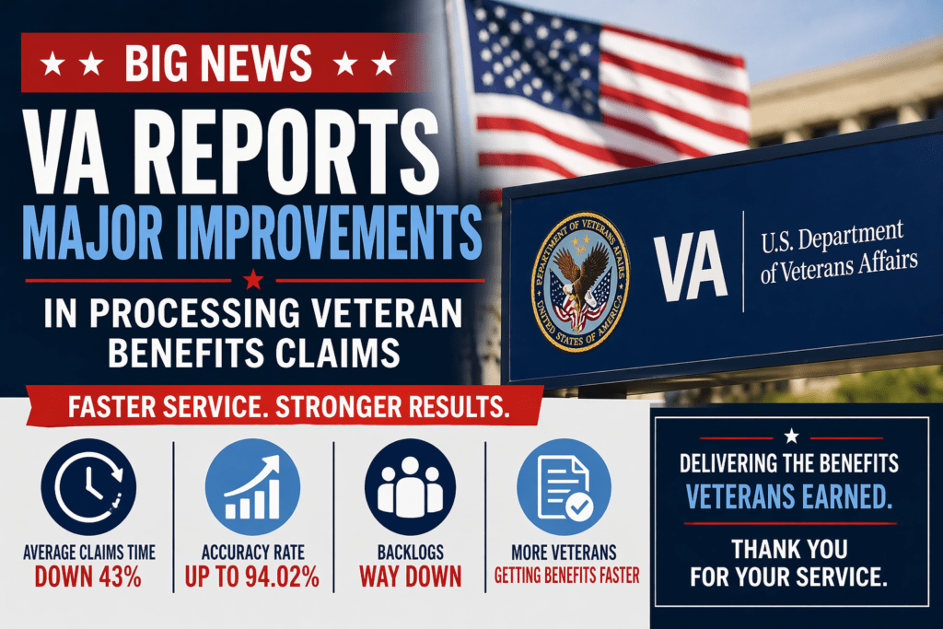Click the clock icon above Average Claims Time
click(x=88, y=486)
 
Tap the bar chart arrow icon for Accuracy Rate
click(x=252, y=486)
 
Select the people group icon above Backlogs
click(x=410, y=486)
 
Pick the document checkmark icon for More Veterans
click(x=565, y=486)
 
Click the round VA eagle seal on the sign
click(x=580, y=282)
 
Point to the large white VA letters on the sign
click(x=691, y=265)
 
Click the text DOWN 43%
click(x=87, y=577)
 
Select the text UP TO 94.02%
click(x=252, y=577)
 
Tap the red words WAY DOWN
click(x=410, y=577)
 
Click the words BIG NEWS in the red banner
click(x=218, y=63)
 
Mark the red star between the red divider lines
click(x=253, y=280)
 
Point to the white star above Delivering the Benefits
click(x=791, y=436)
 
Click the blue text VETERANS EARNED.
click(x=789, y=496)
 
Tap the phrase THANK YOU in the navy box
click(x=789, y=549)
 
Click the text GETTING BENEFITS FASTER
click(x=567, y=577)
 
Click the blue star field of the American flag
click(x=530, y=57)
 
